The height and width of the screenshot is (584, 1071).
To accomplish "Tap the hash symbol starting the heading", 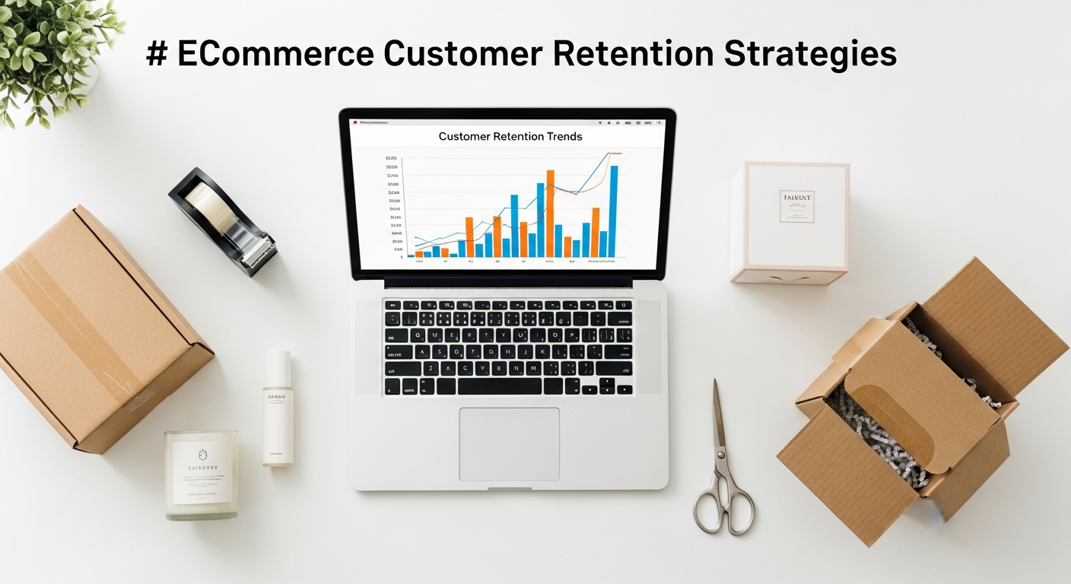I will pos(156,55).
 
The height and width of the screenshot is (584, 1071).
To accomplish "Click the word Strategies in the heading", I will pos(810,56).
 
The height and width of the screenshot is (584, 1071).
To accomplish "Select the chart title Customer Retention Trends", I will pos(510,137).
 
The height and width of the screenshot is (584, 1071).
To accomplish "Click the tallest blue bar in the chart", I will pos(614,211).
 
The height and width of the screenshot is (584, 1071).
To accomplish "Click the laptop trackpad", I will pos(509,444).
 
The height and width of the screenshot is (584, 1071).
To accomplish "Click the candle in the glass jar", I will pos(201,474).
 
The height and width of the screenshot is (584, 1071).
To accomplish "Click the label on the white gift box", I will pos(796,206).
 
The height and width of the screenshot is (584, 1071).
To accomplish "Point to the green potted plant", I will pos(49,53).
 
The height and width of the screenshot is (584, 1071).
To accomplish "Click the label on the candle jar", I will pos(202,472).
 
